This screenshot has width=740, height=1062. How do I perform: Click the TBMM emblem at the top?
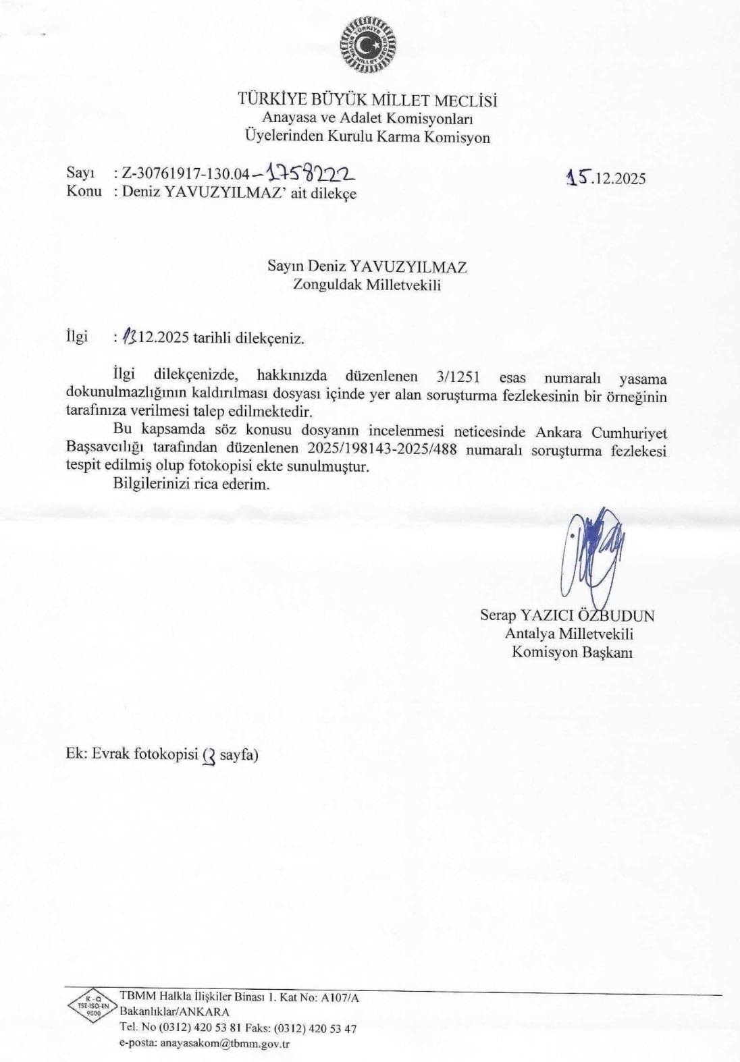click(x=369, y=44)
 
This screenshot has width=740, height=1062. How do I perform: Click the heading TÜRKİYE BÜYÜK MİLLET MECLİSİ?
click(x=368, y=101)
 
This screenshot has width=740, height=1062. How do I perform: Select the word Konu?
click(x=84, y=191)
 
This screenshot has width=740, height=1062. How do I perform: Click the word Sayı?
click(x=80, y=173)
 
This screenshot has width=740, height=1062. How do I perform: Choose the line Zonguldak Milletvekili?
click(x=367, y=284)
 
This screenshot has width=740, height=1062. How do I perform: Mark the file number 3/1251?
click(x=458, y=377)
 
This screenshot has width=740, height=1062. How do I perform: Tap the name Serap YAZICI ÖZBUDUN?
click(x=567, y=615)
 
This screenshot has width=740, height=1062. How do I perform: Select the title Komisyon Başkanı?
click(x=572, y=652)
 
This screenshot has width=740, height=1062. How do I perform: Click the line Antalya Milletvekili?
click(x=569, y=634)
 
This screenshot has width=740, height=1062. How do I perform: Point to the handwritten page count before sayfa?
click(x=209, y=756)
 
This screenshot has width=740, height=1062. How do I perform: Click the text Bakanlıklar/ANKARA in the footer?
click(x=174, y=1011)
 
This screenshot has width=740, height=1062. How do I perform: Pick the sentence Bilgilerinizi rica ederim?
click(x=191, y=484)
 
